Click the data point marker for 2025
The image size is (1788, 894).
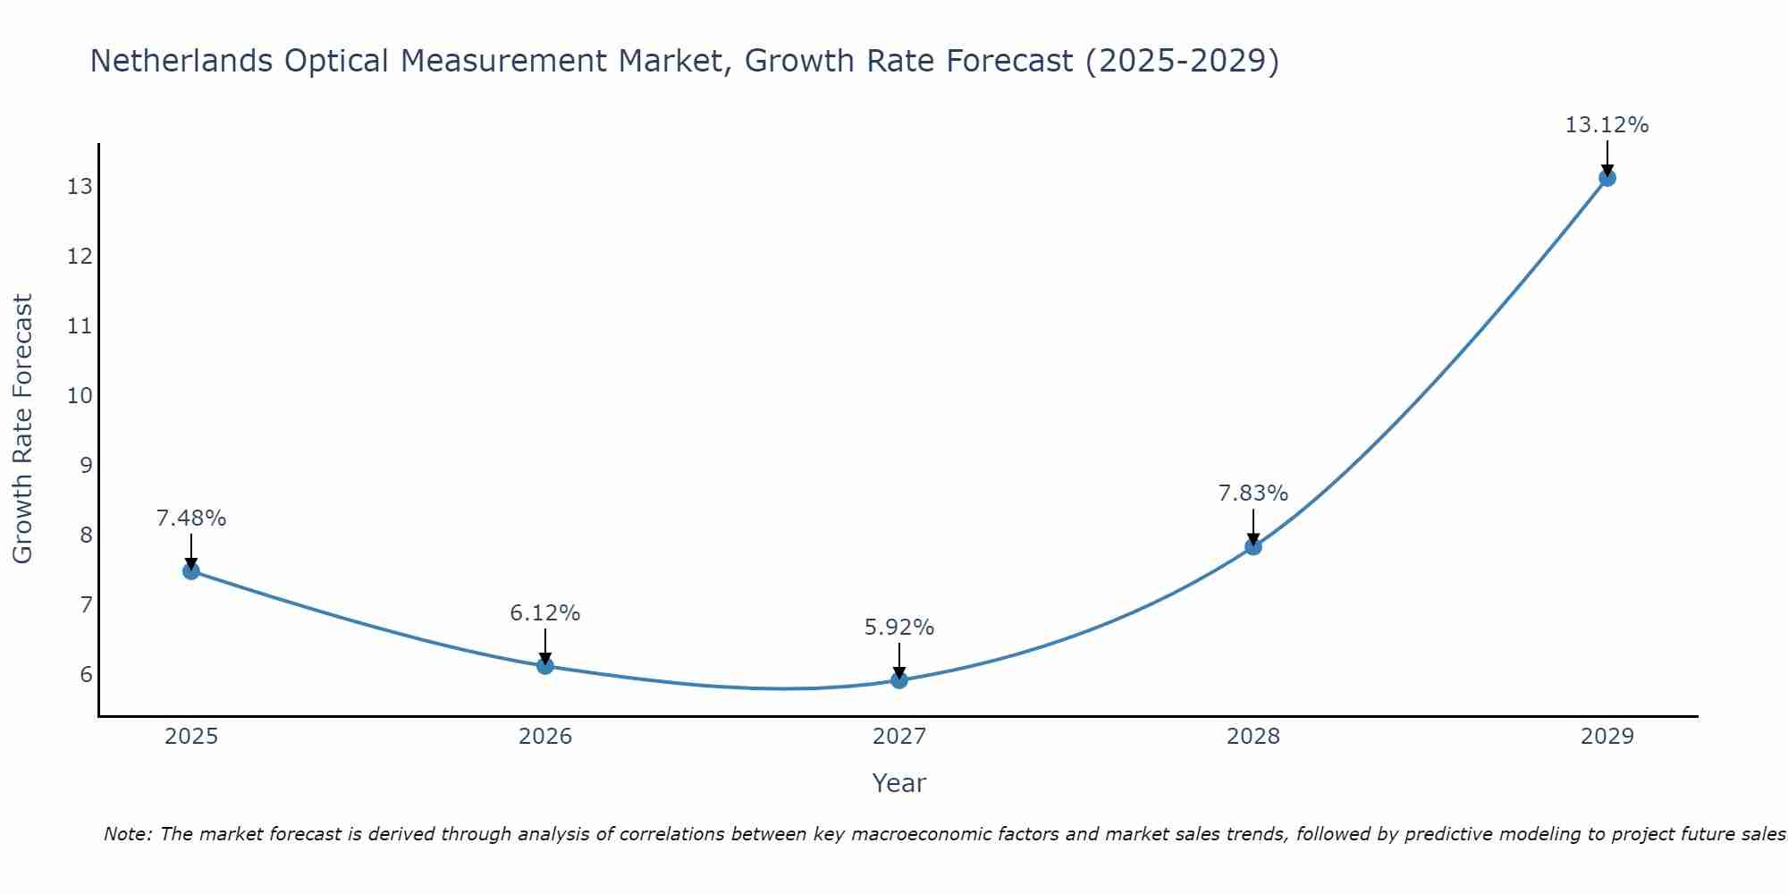[x=191, y=570]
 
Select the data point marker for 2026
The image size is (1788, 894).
[x=545, y=665]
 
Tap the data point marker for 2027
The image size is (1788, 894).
[x=899, y=679]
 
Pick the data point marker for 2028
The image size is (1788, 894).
[x=1253, y=546]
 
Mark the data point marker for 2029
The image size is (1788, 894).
[x=1607, y=178]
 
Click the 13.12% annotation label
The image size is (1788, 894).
[x=1607, y=125]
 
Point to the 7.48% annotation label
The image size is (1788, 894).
[x=191, y=519]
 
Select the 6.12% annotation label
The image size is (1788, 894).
[x=545, y=613]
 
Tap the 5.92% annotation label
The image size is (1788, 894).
[x=899, y=628]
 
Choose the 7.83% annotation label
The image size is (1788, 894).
[x=1253, y=493]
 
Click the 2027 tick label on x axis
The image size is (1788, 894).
[x=899, y=737]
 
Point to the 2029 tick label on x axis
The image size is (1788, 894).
[x=1607, y=737]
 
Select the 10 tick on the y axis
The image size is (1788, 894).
[x=80, y=395]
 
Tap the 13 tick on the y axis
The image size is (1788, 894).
[x=80, y=186]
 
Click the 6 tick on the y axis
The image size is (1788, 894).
[x=87, y=674]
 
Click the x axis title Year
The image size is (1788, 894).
[x=899, y=783]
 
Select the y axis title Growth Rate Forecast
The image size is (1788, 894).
[x=23, y=429]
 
